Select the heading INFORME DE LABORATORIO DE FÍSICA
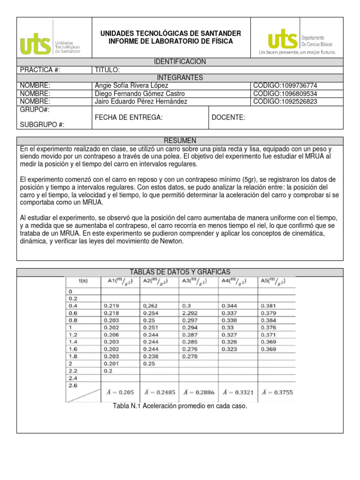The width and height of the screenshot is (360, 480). tap(171, 41)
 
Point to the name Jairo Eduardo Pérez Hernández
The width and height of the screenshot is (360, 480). tap(141, 101)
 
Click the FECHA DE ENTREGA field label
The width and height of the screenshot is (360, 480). tap(128, 117)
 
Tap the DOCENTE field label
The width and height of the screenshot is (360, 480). tap(228, 117)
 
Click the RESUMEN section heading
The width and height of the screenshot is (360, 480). tap(180, 141)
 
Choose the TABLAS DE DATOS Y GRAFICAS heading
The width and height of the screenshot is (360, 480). tap(180, 272)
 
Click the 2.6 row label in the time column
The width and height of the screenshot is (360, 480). tap(73, 385)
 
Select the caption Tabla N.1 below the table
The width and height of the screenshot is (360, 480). tap(180, 406)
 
